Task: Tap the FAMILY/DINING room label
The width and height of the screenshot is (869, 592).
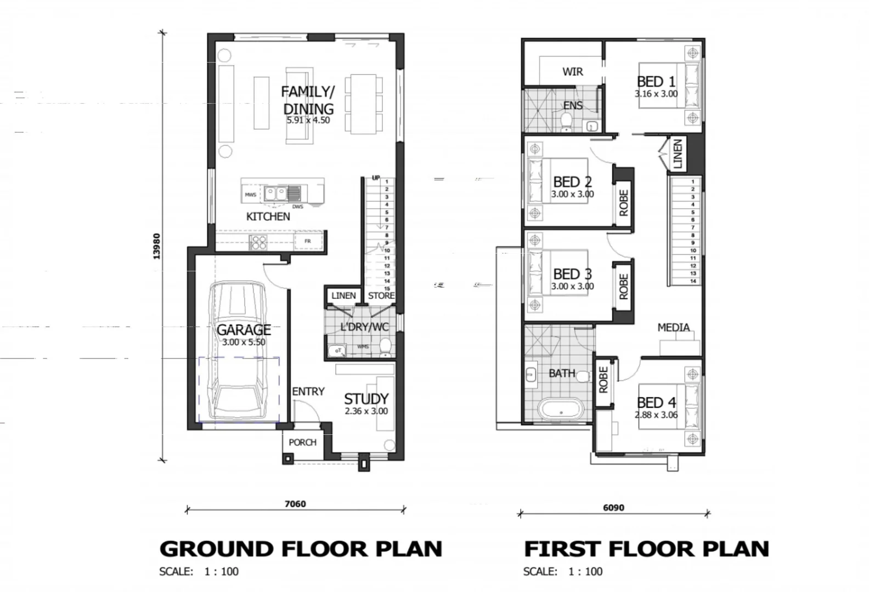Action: (x=308, y=100)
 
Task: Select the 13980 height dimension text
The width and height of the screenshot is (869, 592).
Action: (x=156, y=246)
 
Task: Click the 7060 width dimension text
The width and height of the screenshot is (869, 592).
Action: (x=295, y=504)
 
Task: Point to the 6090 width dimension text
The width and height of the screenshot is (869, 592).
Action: (x=613, y=508)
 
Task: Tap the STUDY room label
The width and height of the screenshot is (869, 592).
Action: (x=366, y=399)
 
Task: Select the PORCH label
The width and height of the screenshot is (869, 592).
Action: (x=302, y=442)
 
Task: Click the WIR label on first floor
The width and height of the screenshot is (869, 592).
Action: (x=572, y=72)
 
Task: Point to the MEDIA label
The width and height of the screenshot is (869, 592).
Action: (x=673, y=327)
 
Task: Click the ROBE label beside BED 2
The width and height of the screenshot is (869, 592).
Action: (x=624, y=203)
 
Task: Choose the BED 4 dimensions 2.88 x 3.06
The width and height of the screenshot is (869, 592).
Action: (x=656, y=415)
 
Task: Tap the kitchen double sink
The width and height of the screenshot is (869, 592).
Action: (x=275, y=193)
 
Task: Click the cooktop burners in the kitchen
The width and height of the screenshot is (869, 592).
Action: (x=258, y=242)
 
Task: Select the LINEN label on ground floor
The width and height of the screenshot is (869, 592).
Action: (x=343, y=295)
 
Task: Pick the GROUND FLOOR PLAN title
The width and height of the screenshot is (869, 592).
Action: (x=301, y=548)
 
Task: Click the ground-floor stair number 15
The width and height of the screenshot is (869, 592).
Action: (x=387, y=288)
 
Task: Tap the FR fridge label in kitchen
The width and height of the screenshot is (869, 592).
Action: (x=307, y=241)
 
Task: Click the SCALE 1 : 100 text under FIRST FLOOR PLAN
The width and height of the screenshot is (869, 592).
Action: (x=562, y=572)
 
